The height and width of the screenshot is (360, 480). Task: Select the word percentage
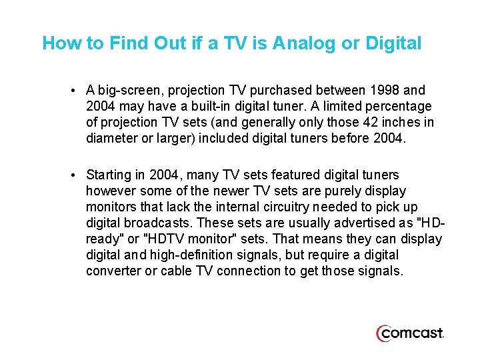point(402,106)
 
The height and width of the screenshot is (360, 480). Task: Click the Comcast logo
point(409,333)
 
